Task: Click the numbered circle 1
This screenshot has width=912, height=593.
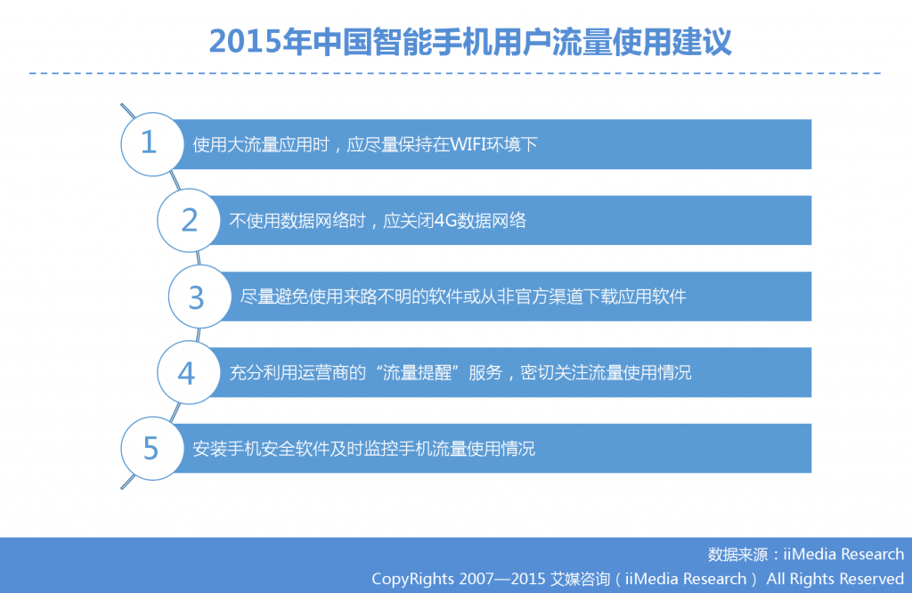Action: [x=152, y=143]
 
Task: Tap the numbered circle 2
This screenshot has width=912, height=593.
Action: [x=189, y=220]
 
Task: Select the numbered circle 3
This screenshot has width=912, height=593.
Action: [x=200, y=296]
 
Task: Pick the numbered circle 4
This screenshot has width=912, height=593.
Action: [x=189, y=373]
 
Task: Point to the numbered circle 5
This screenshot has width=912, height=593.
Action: [x=152, y=448]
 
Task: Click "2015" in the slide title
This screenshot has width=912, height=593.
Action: [x=245, y=42]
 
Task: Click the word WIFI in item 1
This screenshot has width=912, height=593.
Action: [x=468, y=144]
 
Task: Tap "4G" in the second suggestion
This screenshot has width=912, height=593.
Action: [x=445, y=220]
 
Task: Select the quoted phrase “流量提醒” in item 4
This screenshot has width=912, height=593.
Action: [x=417, y=373]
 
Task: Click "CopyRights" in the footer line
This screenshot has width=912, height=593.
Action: [x=412, y=579]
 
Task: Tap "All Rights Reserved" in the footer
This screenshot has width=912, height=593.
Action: [x=835, y=579]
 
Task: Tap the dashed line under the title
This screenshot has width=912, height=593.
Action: [x=455, y=73]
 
